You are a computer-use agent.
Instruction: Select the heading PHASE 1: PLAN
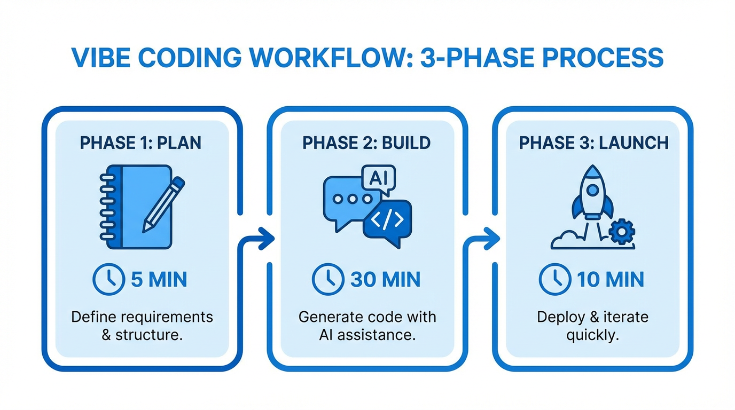(140, 143)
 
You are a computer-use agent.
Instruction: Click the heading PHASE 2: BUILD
(366, 143)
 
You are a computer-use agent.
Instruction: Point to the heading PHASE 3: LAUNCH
(593, 143)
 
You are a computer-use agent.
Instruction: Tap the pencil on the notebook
(163, 204)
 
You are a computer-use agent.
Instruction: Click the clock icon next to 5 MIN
(108, 279)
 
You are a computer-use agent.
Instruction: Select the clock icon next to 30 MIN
(328, 279)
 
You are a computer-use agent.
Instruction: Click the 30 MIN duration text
(385, 279)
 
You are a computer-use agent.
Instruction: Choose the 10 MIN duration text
(611, 279)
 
